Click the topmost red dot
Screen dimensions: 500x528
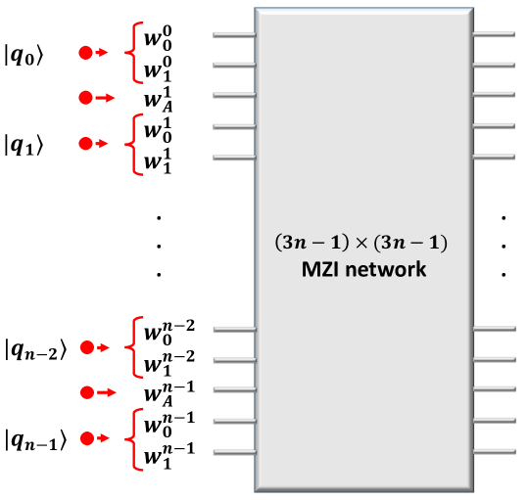(x=85, y=53)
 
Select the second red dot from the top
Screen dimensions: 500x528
(x=85, y=98)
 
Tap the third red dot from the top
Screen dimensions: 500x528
(x=85, y=144)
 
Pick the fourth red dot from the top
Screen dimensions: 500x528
(x=86, y=347)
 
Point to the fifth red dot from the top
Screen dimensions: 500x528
(x=86, y=392)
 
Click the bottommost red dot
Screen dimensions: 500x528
(x=86, y=438)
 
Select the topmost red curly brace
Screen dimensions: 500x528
(x=135, y=53)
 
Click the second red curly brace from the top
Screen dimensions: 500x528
(x=135, y=144)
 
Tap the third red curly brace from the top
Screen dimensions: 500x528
(x=135, y=347)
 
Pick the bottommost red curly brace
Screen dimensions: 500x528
(x=136, y=438)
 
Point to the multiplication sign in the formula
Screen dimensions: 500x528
(x=363, y=242)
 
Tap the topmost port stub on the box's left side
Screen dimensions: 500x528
(x=234, y=35)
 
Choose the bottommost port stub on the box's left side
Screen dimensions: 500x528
(x=234, y=452)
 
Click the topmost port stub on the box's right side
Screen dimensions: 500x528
(x=494, y=35)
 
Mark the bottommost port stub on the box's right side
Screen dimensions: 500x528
(x=494, y=452)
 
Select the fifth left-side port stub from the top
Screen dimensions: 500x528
(x=234, y=157)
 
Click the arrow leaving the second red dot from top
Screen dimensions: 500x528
(x=107, y=98)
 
